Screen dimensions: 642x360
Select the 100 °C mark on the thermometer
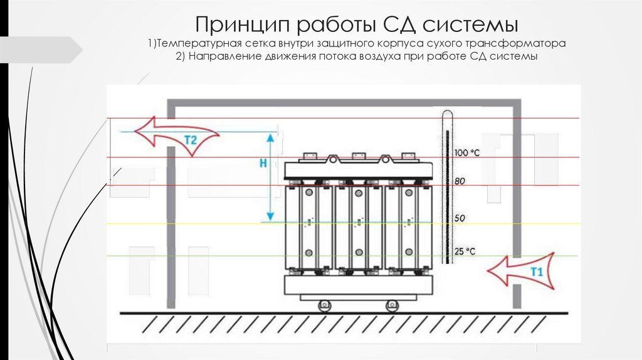pos(466,153)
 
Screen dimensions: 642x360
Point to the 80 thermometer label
pos(460,182)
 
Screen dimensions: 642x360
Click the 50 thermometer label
pos(460,218)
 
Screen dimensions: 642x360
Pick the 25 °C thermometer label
pos(465,251)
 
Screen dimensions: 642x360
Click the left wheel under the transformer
pos(324,306)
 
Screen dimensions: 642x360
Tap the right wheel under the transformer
pos(392,306)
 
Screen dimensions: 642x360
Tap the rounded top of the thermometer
pos(446,114)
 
